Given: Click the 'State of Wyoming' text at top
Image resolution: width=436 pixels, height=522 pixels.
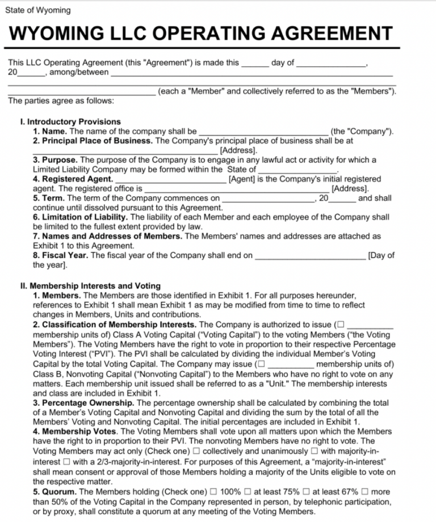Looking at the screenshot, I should tap(38, 11).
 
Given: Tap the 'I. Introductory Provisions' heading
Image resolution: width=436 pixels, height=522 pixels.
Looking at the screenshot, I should tap(70, 121).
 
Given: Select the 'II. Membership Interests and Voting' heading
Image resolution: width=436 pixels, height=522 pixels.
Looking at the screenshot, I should tap(90, 285).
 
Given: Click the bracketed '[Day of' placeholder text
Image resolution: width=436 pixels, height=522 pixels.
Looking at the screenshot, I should tap(381, 255).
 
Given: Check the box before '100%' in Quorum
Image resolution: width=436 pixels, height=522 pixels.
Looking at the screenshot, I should tap(213, 491).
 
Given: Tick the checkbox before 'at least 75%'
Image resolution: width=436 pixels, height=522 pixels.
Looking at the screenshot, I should tap(249, 491).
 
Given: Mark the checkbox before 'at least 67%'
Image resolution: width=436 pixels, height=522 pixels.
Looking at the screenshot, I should tap(307, 491).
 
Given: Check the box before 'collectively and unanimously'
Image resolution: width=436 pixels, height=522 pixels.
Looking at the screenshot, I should tap(196, 451).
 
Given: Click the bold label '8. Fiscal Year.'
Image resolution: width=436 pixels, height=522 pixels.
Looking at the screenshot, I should tap(61, 255).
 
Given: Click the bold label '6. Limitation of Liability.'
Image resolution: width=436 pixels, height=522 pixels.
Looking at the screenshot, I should tap(80, 217).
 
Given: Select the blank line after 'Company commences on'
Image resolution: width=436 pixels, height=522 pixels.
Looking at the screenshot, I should tap(267, 198).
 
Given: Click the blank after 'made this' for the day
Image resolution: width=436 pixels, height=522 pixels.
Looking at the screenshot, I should tap(255, 63).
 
